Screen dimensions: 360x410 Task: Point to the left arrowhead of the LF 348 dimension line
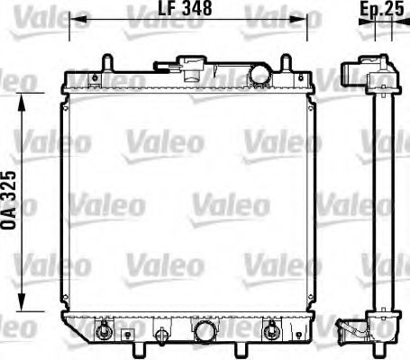pyautogui.click(x=74, y=17)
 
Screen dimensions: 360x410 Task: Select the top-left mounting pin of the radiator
pyautogui.click(x=107, y=62)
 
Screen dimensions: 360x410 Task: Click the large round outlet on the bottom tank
pyautogui.click(x=205, y=332)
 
